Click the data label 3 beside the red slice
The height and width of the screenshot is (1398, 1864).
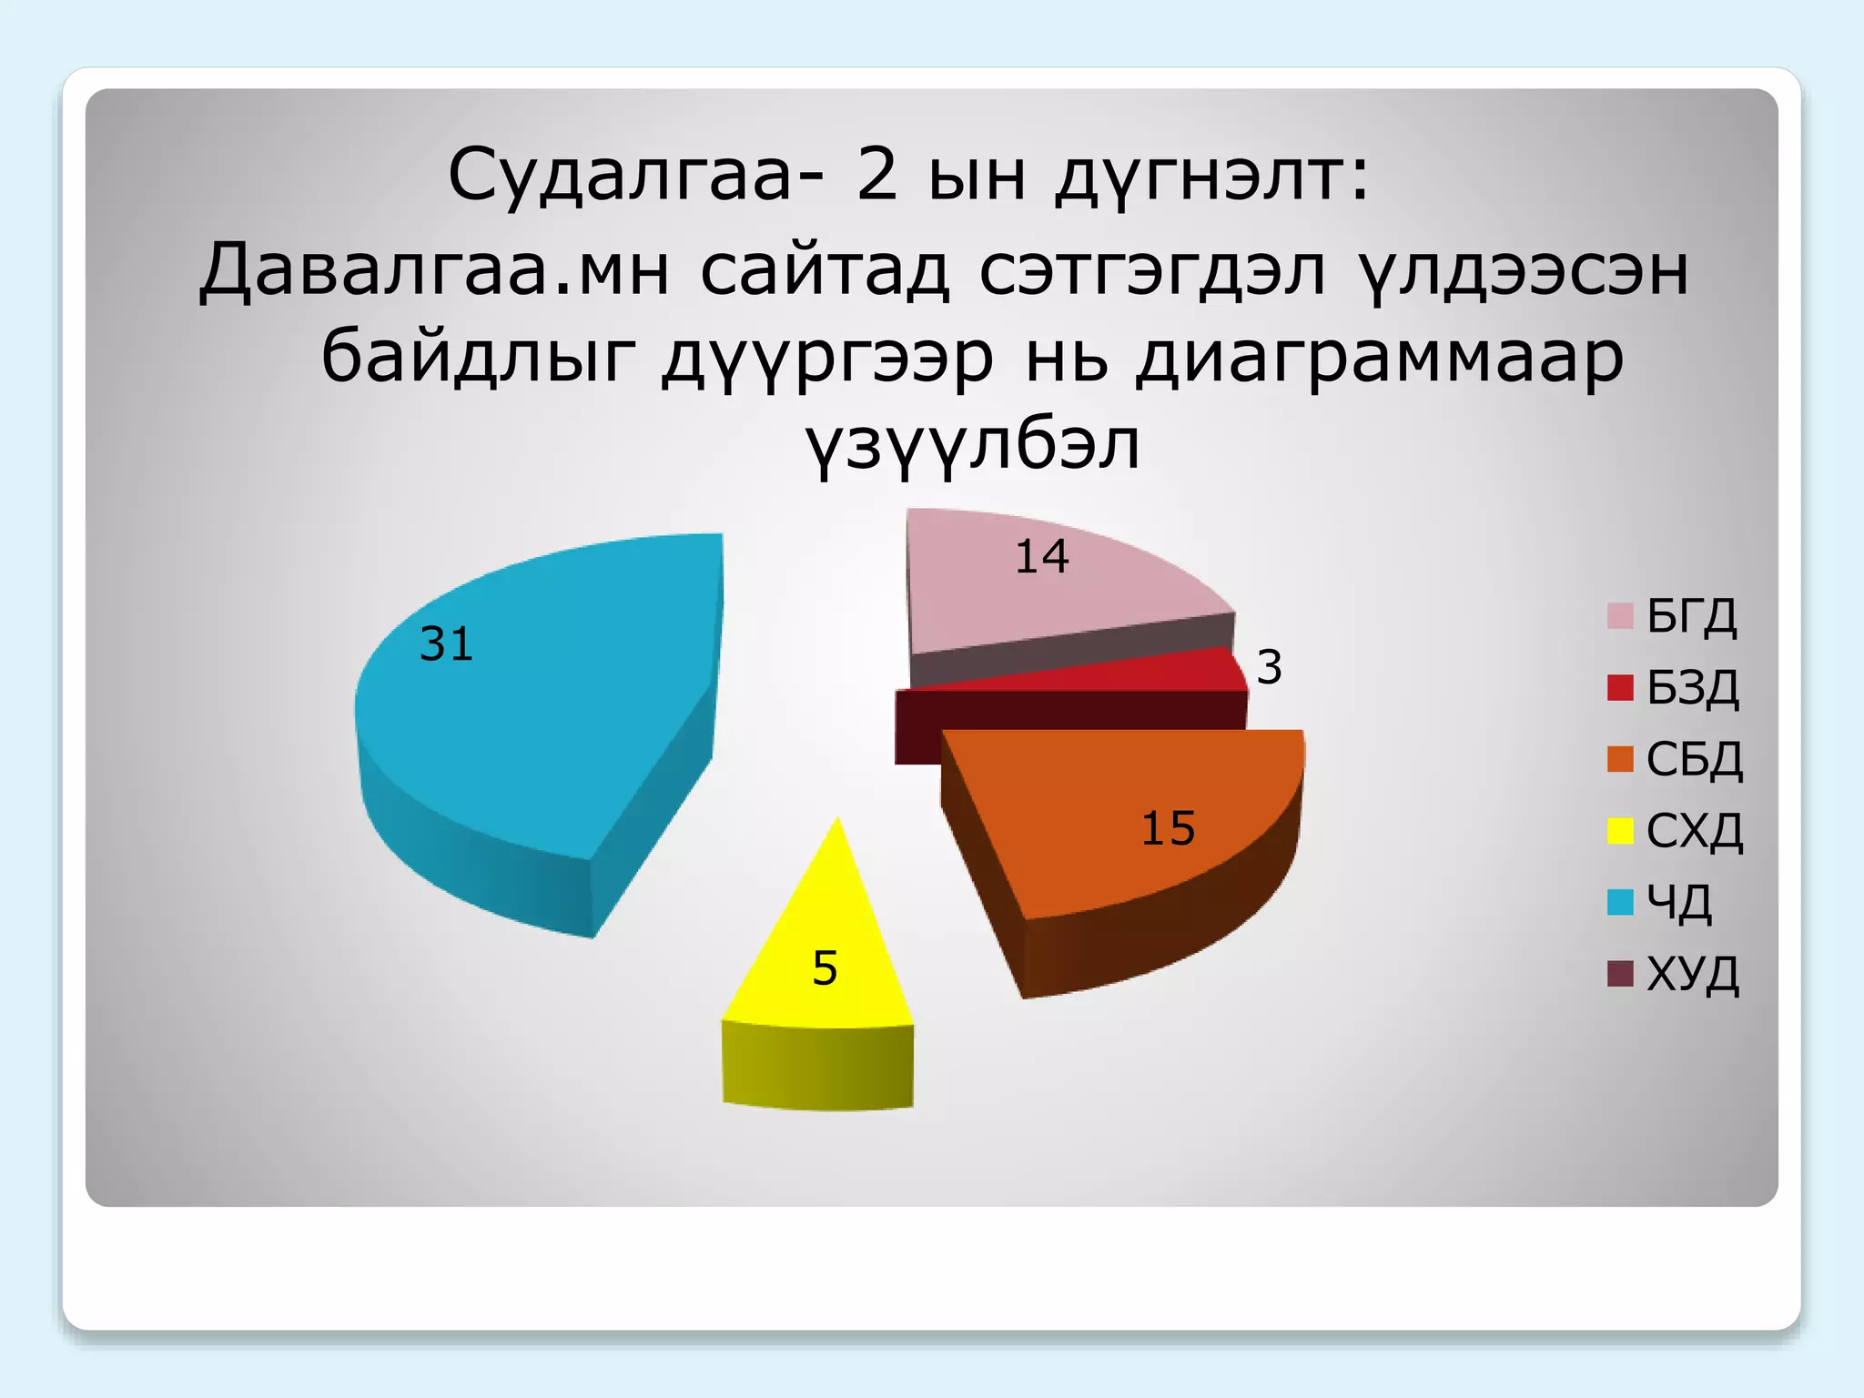(x=1270, y=667)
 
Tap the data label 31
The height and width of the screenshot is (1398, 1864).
(x=446, y=644)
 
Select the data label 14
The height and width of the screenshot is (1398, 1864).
(x=1041, y=556)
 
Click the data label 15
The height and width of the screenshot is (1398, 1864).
(x=1168, y=828)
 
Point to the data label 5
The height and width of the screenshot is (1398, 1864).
(x=825, y=967)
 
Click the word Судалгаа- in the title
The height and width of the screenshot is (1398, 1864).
(x=637, y=175)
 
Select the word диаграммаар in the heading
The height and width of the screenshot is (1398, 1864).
(x=1380, y=357)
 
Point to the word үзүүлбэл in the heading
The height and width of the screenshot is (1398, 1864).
(x=973, y=445)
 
